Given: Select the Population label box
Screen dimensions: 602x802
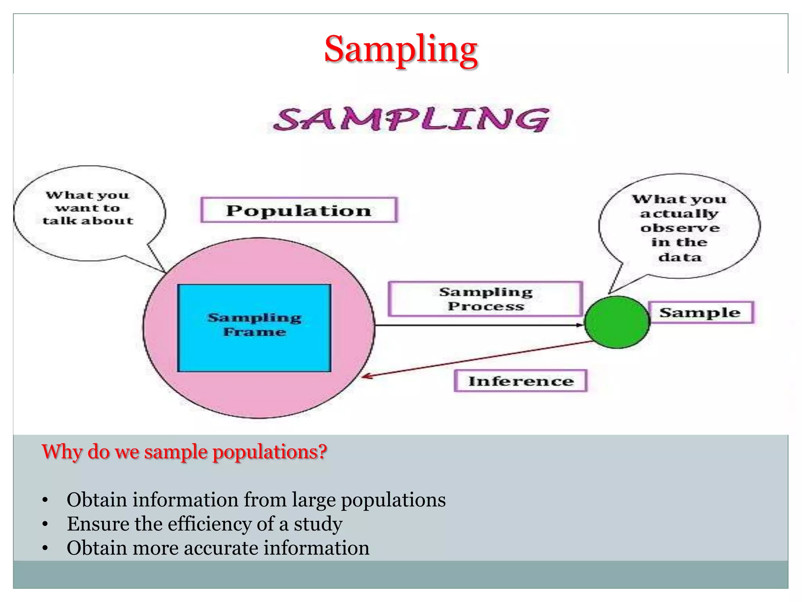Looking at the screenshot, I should (x=299, y=210).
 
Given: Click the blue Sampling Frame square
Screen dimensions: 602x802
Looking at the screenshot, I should (x=254, y=328).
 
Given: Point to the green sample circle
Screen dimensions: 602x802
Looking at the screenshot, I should (x=617, y=322).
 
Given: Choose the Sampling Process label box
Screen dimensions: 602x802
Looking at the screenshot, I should (x=486, y=299).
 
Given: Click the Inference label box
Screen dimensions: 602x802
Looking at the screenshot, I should (x=520, y=381).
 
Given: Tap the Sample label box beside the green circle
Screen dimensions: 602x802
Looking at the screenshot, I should (x=700, y=313).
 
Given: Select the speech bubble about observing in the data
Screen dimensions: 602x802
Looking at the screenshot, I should (x=679, y=227).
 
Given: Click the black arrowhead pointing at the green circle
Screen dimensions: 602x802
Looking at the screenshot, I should (x=580, y=325).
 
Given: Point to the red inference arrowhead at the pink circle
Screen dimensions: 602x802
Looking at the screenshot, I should (x=366, y=377).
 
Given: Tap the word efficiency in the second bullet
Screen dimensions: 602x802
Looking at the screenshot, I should (x=210, y=524).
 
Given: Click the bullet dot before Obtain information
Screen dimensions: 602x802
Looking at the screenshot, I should (x=45, y=500).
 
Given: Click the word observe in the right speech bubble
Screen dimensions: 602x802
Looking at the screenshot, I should (x=680, y=228).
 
